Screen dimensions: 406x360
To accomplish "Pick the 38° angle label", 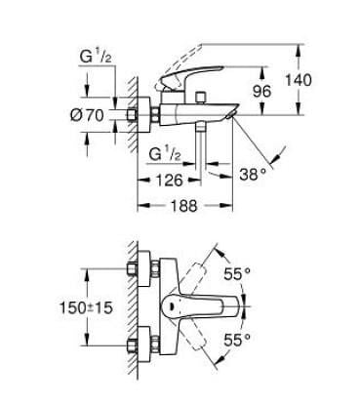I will click(x=252, y=177).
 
